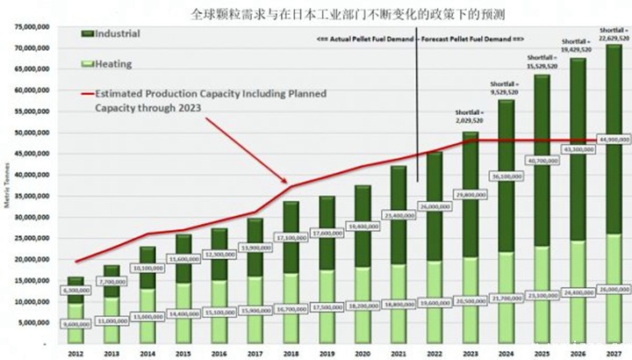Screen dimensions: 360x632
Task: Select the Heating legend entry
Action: pyautogui.click(x=112, y=64)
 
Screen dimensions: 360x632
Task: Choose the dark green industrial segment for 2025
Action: pyautogui.click(x=541, y=176)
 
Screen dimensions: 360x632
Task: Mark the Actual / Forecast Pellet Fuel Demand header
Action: pyautogui.click(x=418, y=40)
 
